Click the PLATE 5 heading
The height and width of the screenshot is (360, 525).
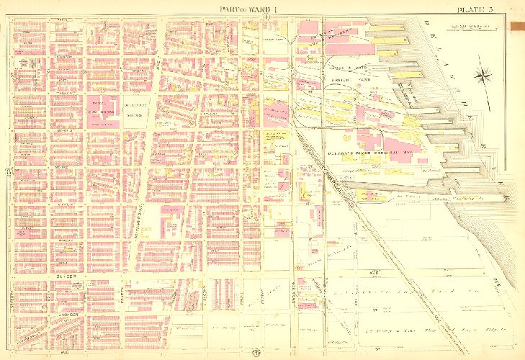point(475,9)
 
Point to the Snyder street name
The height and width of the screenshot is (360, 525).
point(60,276)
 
